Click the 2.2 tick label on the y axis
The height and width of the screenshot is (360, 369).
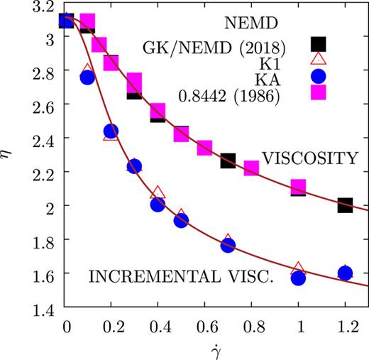point(42,173)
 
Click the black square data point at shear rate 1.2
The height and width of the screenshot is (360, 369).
point(345,205)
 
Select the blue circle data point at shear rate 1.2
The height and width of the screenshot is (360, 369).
point(345,273)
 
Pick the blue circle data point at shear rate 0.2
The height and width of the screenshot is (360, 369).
point(111,131)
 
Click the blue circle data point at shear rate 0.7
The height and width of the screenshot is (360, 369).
point(228,245)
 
